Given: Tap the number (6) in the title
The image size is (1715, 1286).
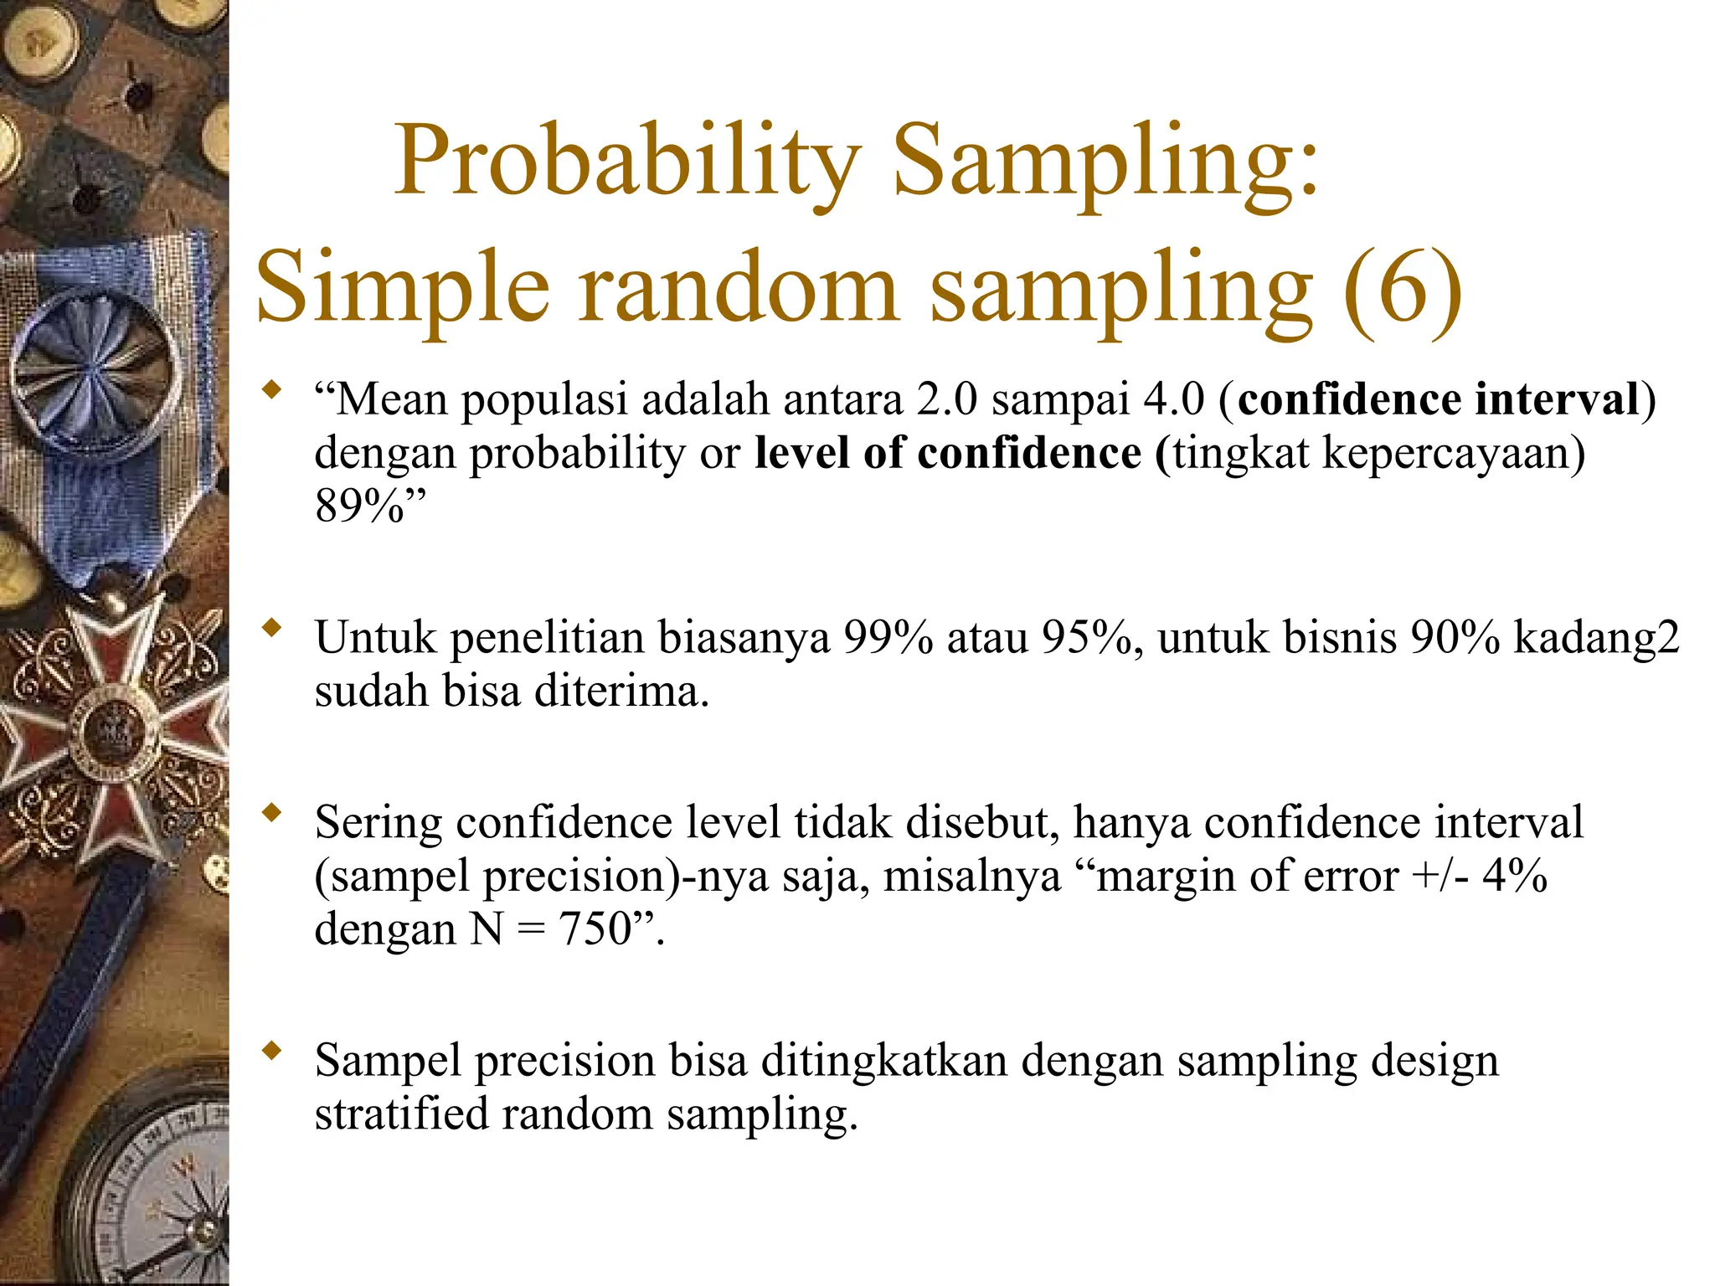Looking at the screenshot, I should coord(1403,289).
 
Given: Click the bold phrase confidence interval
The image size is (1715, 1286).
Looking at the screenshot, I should coord(1438,399).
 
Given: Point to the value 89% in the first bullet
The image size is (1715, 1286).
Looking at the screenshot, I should coord(360,507).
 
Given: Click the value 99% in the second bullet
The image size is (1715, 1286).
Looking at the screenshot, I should coord(888,638).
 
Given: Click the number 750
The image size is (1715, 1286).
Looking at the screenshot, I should coord(595,929).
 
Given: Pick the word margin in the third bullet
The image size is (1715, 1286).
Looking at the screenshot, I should coord(1160,877).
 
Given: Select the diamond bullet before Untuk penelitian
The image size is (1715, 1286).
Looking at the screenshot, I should coord(270,627).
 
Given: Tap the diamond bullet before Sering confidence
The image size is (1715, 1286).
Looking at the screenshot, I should coord(270,811).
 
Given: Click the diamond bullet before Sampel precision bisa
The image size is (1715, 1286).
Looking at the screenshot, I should coord(270,1051).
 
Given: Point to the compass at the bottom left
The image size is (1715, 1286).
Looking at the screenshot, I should coord(159,1189).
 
